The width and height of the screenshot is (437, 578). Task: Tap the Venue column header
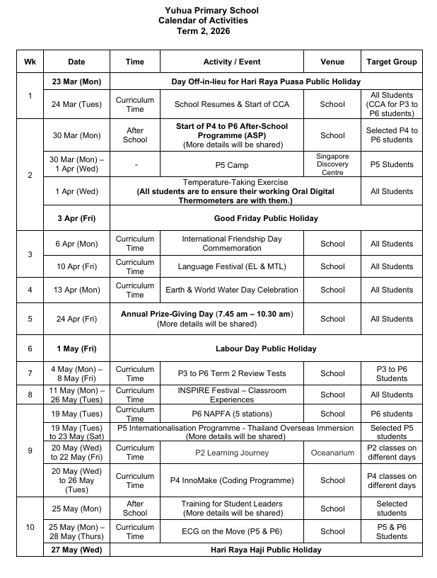click(332, 62)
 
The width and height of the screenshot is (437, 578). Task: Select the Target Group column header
click(392, 62)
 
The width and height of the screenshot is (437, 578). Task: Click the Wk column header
click(30, 62)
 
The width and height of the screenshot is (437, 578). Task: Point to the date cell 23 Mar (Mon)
click(76, 81)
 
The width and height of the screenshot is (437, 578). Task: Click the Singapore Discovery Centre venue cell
click(332, 164)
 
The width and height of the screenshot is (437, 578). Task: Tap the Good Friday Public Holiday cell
click(266, 218)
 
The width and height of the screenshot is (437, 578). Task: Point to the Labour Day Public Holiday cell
click(266, 348)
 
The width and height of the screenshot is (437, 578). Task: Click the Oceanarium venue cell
click(332, 453)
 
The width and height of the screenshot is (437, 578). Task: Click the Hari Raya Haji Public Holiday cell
click(266, 550)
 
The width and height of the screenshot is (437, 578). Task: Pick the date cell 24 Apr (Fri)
click(76, 319)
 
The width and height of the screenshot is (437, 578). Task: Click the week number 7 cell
click(30, 373)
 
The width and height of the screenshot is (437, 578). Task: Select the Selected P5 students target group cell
click(392, 432)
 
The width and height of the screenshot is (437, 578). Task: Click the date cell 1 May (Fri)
click(76, 348)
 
